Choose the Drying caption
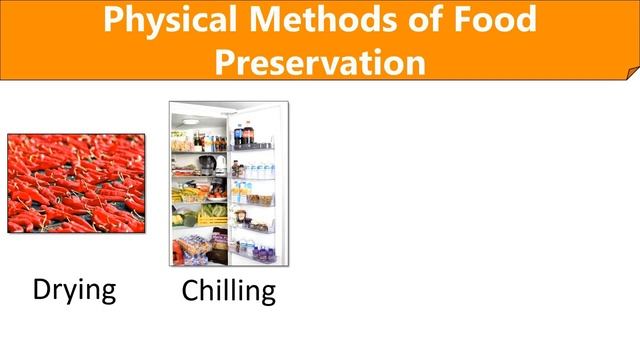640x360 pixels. click(x=74, y=290)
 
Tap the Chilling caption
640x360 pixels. click(x=228, y=291)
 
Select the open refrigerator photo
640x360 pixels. click(x=228, y=183)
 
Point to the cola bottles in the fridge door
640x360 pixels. click(x=243, y=135)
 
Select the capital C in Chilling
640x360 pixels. click(x=191, y=291)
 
